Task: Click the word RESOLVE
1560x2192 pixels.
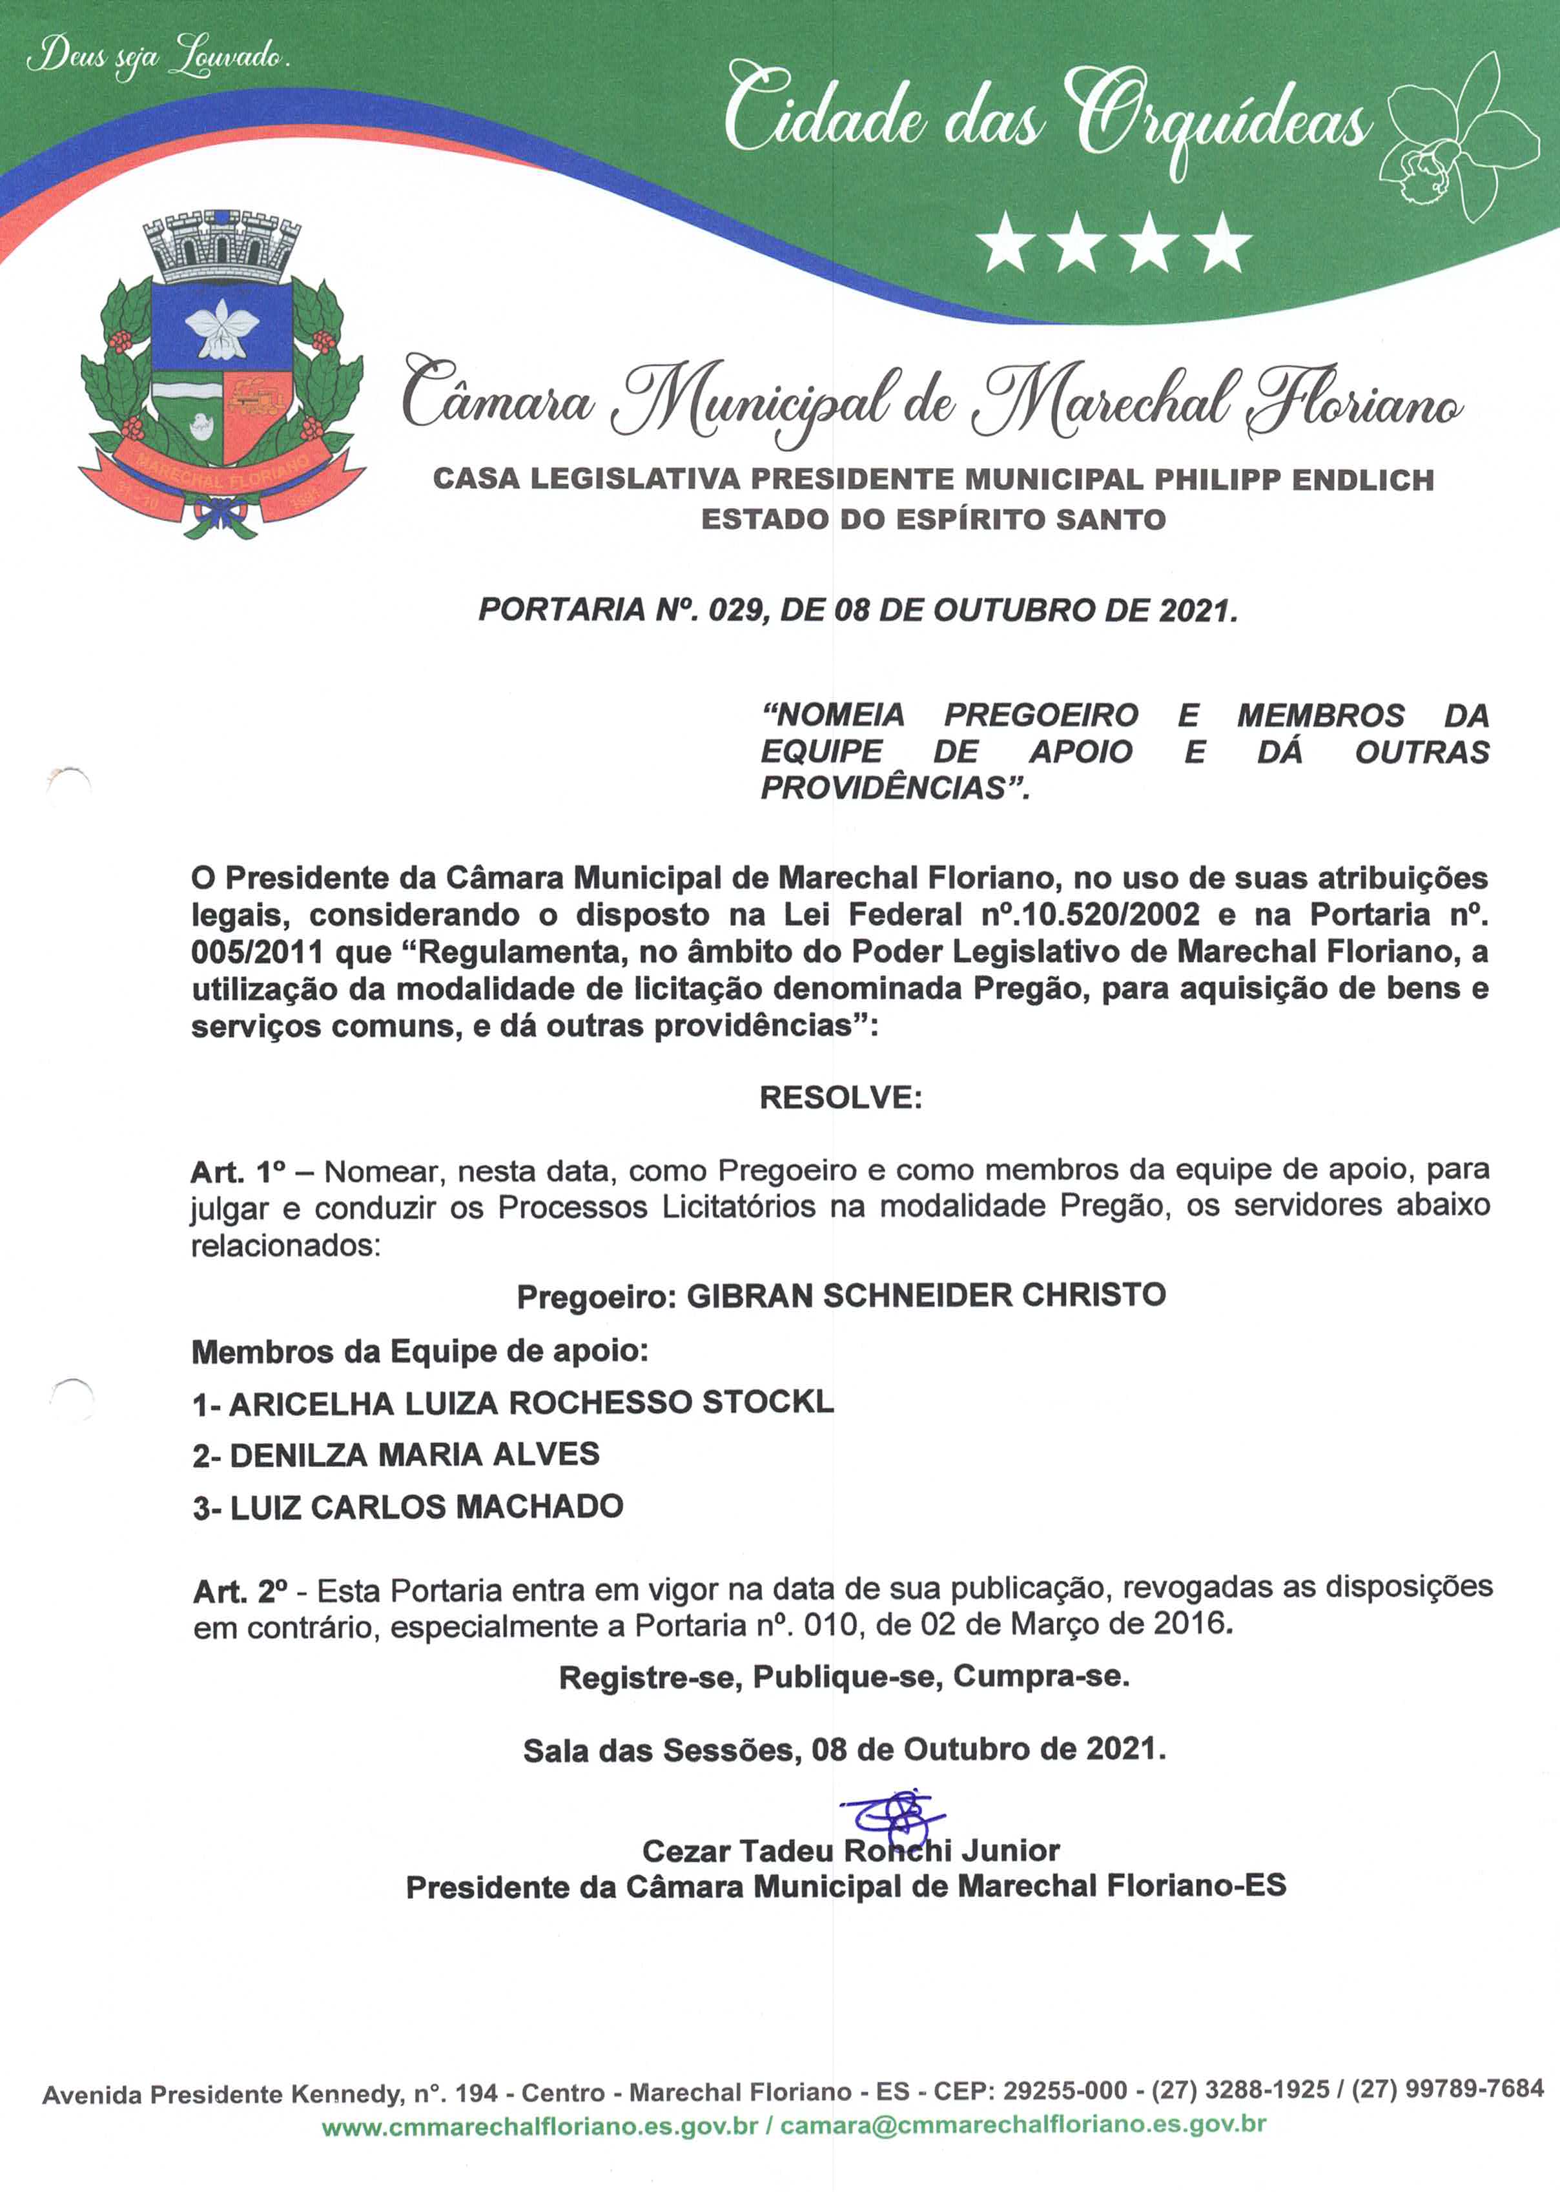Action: click(841, 1098)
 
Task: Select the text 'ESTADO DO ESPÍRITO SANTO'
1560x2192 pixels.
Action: click(933, 520)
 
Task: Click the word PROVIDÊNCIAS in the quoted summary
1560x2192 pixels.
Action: click(894, 788)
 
